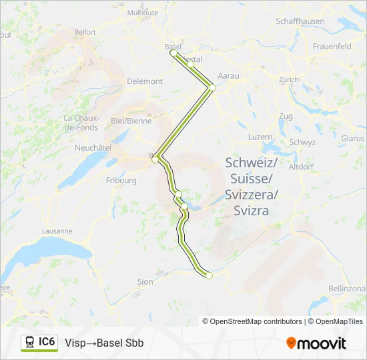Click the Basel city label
click(x=172, y=46)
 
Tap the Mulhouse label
click(x=143, y=13)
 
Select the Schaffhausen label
click(x=300, y=21)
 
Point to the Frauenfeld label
click(x=332, y=47)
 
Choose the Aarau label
click(x=228, y=77)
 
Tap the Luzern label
click(x=260, y=136)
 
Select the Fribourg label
click(x=121, y=180)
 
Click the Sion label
click(x=145, y=282)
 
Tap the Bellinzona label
click(x=347, y=288)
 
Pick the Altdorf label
click(x=301, y=167)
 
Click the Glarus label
click(x=352, y=138)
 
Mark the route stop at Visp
click(x=209, y=275)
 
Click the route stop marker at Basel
click(x=173, y=52)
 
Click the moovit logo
click(x=316, y=343)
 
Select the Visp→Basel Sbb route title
click(x=104, y=343)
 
